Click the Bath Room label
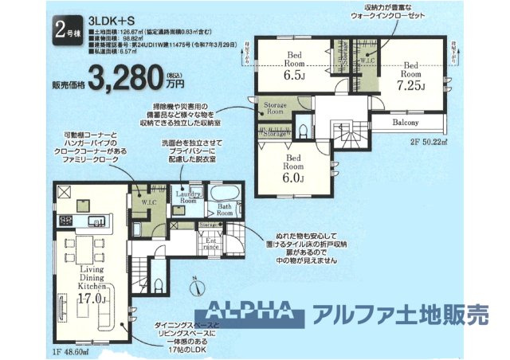[226, 211]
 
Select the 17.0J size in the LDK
[90, 299]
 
